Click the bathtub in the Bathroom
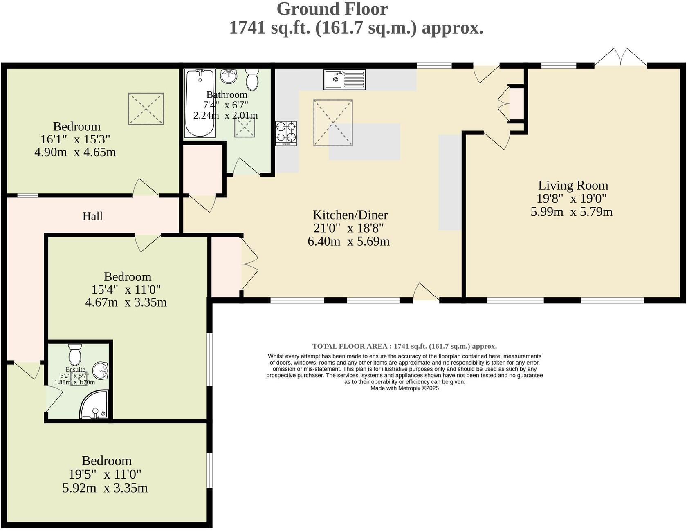200,103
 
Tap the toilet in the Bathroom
252,79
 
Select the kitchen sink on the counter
345,79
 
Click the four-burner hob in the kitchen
286,133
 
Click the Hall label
92,216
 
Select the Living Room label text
573,186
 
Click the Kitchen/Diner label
350,215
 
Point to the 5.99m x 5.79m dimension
571,212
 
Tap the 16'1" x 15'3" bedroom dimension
75,139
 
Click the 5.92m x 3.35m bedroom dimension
105,488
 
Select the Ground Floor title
332,9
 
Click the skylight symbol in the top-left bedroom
146,109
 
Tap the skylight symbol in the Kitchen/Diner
333,123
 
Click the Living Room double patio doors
621,57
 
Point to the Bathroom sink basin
229,76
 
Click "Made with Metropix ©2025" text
404,388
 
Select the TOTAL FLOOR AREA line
404,347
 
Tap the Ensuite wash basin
101,371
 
